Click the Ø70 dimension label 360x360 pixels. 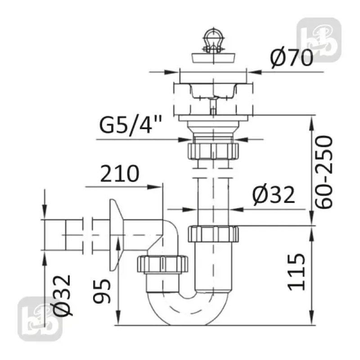(x=292, y=58)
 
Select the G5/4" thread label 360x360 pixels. (x=130, y=125)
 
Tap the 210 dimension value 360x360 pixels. (x=120, y=173)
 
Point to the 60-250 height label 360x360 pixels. (x=324, y=172)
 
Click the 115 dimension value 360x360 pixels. (x=297, y=272)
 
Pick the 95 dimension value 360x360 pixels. (x=102, y=291)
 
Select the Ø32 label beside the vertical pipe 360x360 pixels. (x=274, y=195)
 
